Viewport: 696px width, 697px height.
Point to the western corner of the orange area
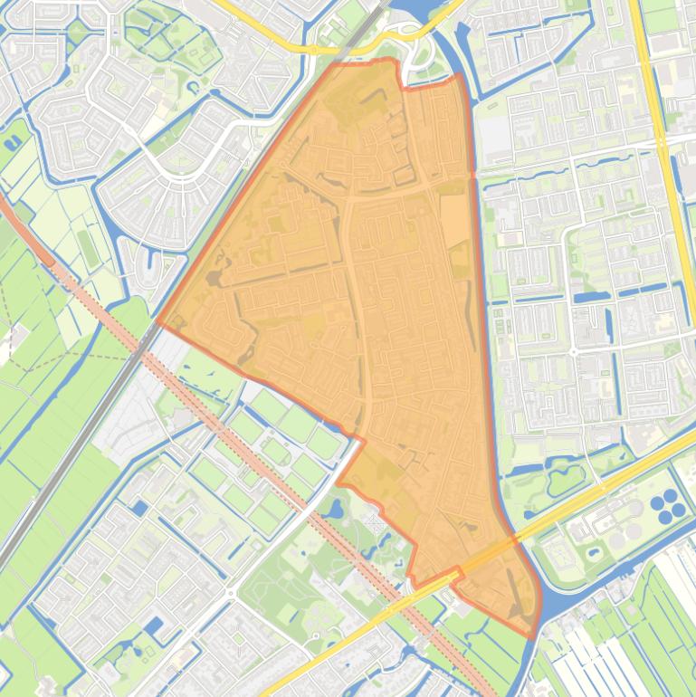coord(160,321)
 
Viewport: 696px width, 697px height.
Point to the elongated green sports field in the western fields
coord(87,245)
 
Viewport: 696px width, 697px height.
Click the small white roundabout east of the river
coord(572,350)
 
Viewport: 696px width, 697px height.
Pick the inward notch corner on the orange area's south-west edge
coord(364,441)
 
